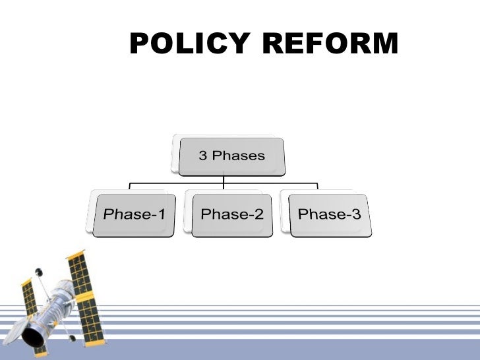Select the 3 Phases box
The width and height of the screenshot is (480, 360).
[232, 156]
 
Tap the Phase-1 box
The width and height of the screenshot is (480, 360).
[134, 215]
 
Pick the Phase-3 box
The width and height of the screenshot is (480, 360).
[329, 215]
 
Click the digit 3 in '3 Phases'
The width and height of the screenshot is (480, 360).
[203, 156]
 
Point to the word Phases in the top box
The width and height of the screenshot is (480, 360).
[238, 156]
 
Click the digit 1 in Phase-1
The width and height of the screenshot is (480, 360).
[160, 214]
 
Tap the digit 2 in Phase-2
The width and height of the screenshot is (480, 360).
[258, 214]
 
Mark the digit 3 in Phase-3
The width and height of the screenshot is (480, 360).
[356, 214]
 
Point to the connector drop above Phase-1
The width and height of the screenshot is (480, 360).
[129, 188]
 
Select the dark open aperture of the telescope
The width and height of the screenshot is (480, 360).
[32, 337]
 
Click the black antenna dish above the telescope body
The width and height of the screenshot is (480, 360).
[38, 271]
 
